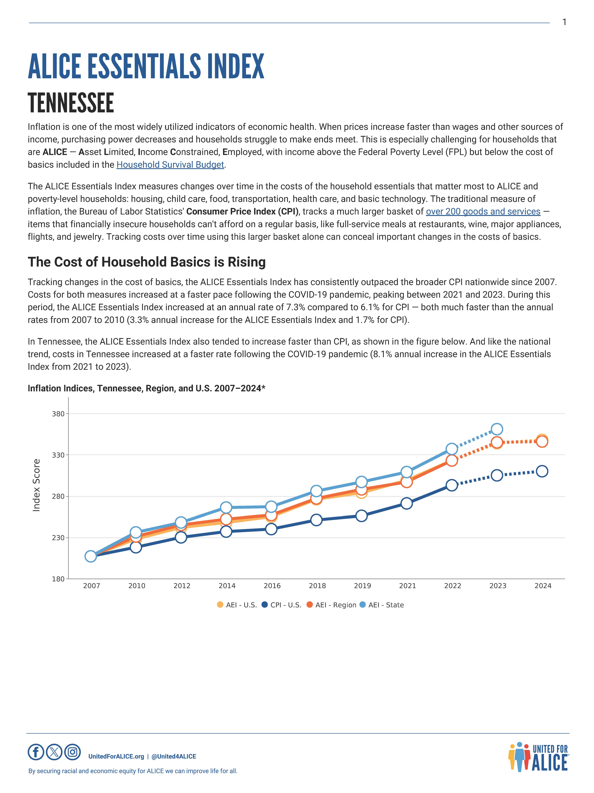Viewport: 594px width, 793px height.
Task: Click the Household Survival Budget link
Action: click(170, 165)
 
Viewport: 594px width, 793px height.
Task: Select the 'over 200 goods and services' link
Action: click(483, 212)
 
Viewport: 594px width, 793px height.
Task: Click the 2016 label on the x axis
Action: click(272, 586)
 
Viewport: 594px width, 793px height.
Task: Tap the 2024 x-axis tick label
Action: click(543, 586)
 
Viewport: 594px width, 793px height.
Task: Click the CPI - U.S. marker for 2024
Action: click(542, 471)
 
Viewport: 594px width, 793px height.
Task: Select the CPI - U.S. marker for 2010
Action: click(136, 547)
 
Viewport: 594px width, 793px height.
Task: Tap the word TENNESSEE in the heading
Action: click(71, 103)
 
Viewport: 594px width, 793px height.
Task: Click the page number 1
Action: click(564, 22)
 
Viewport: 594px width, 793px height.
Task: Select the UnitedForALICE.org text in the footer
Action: click(116, 756)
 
